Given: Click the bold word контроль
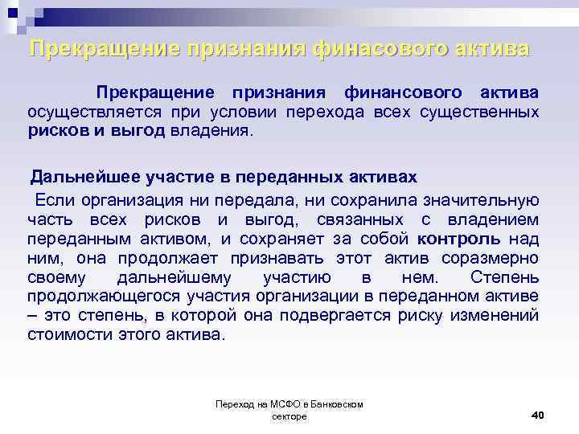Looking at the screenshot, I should tap(459, 238).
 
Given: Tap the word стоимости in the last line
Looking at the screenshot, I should tap(65, 335).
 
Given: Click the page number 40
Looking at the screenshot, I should tap(538, 415).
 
